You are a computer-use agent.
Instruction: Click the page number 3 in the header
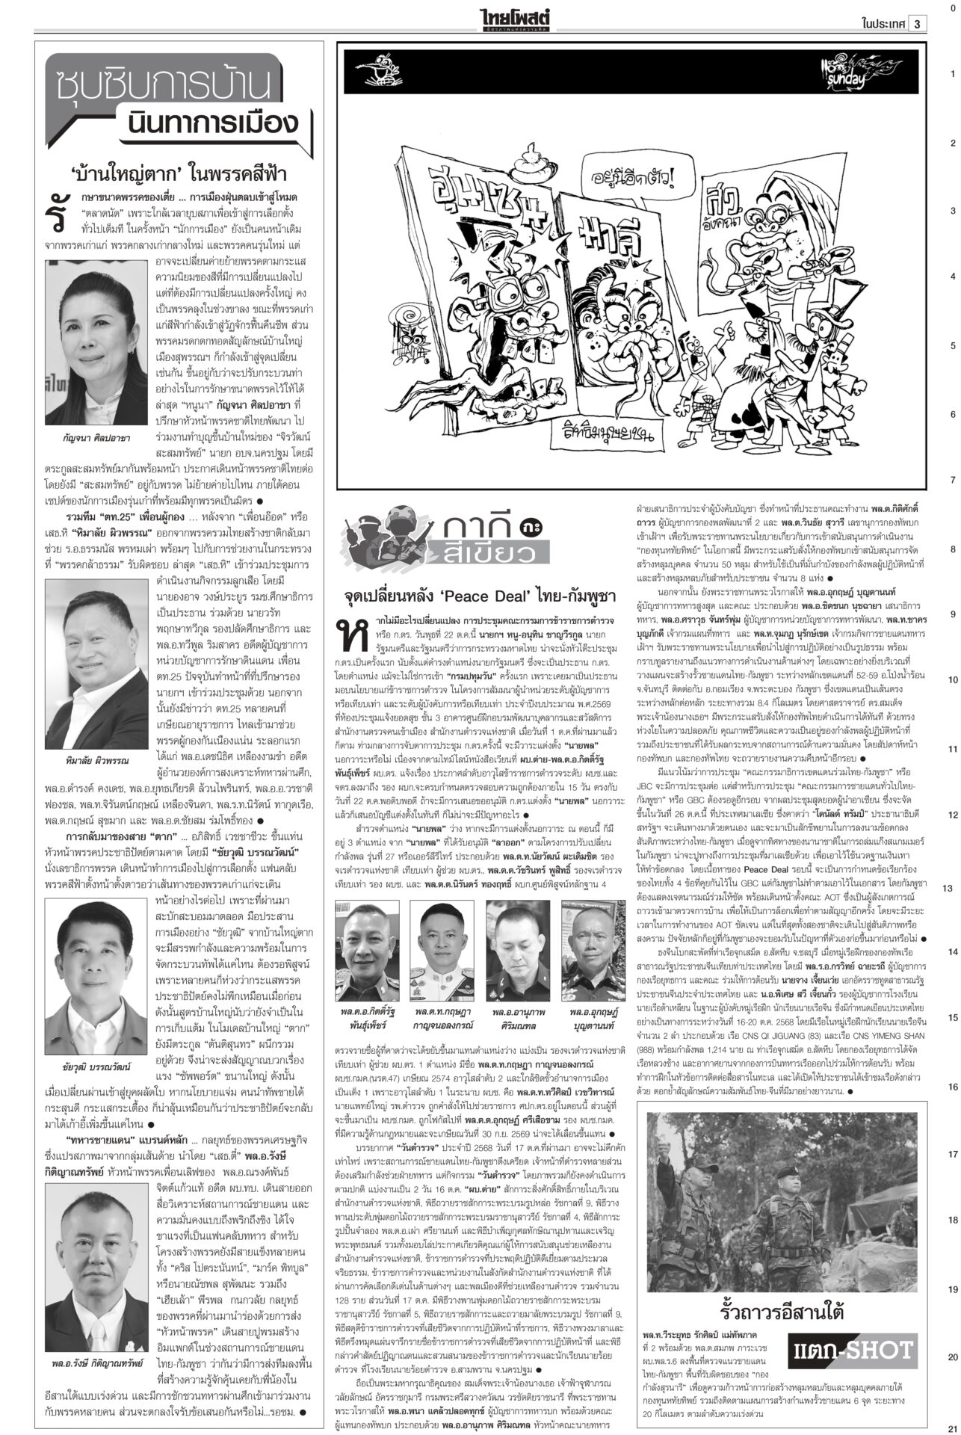[917, 23]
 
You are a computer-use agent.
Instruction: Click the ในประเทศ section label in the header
[883, 23]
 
